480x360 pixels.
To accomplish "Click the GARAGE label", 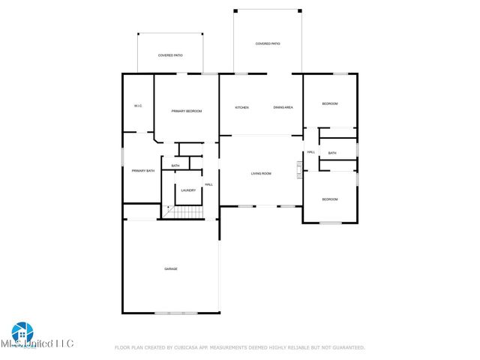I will coord(171,268).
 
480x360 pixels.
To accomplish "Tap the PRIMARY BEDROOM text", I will coord(187,111).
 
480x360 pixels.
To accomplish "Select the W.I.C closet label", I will coord(138,106).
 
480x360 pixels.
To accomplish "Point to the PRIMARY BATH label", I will coord(143,171).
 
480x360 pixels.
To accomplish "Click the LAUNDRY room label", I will coord(188,190).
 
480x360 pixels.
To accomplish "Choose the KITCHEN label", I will coord(241,107).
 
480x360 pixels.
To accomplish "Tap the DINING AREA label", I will coord(283,107).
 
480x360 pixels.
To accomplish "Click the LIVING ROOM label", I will coord(260,174).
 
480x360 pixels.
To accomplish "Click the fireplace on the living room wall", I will coord(299,170).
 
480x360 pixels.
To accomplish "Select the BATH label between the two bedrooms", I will coord(331,153).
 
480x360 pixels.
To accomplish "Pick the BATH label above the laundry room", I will coord(175,166).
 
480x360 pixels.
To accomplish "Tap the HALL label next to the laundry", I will coord(208,184).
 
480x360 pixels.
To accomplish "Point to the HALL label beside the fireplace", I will coord(310,153).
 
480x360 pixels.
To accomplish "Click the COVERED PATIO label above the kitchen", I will coord(268,44).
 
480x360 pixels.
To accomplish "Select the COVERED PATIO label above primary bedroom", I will coord(170,55).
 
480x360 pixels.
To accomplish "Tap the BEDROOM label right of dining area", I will coord(330,103).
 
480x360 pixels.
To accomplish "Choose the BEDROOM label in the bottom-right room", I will coord(330,199).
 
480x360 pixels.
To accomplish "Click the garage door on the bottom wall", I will coord(175,312).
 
